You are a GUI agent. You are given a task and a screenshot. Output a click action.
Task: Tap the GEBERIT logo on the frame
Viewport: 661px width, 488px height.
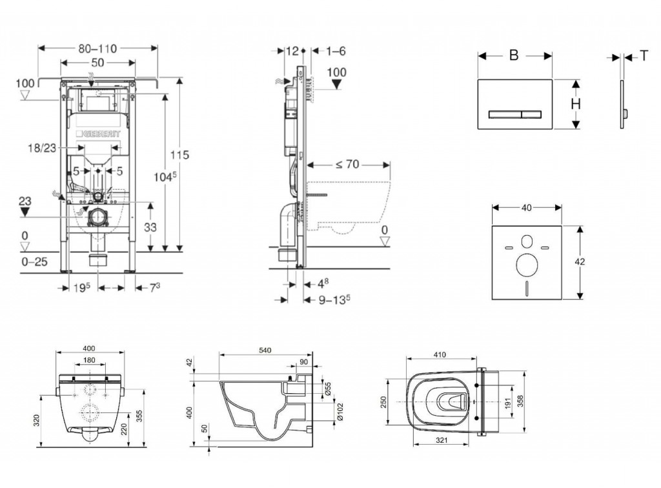coord(99,134)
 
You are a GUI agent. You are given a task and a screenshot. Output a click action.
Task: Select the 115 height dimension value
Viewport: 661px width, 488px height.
coord(181,154)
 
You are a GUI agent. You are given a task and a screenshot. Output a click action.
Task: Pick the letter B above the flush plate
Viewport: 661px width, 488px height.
coord(514,56)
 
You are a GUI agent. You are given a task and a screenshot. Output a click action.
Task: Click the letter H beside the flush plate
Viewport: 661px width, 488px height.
coord(575,104)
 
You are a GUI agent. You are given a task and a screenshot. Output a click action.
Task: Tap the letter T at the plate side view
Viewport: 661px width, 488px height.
coord(644,56)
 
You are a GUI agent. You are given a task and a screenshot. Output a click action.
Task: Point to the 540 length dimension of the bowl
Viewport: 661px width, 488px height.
coord(265,350)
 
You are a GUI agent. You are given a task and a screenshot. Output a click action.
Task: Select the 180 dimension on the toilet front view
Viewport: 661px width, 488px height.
coord(90,360)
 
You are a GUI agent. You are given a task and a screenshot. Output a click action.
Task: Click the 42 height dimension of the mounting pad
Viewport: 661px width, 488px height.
coord(582,262)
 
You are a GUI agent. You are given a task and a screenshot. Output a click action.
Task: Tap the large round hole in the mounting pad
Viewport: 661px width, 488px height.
coord(527,264)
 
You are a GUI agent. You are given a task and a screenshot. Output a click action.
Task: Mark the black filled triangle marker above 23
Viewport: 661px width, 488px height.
coord(25,212)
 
